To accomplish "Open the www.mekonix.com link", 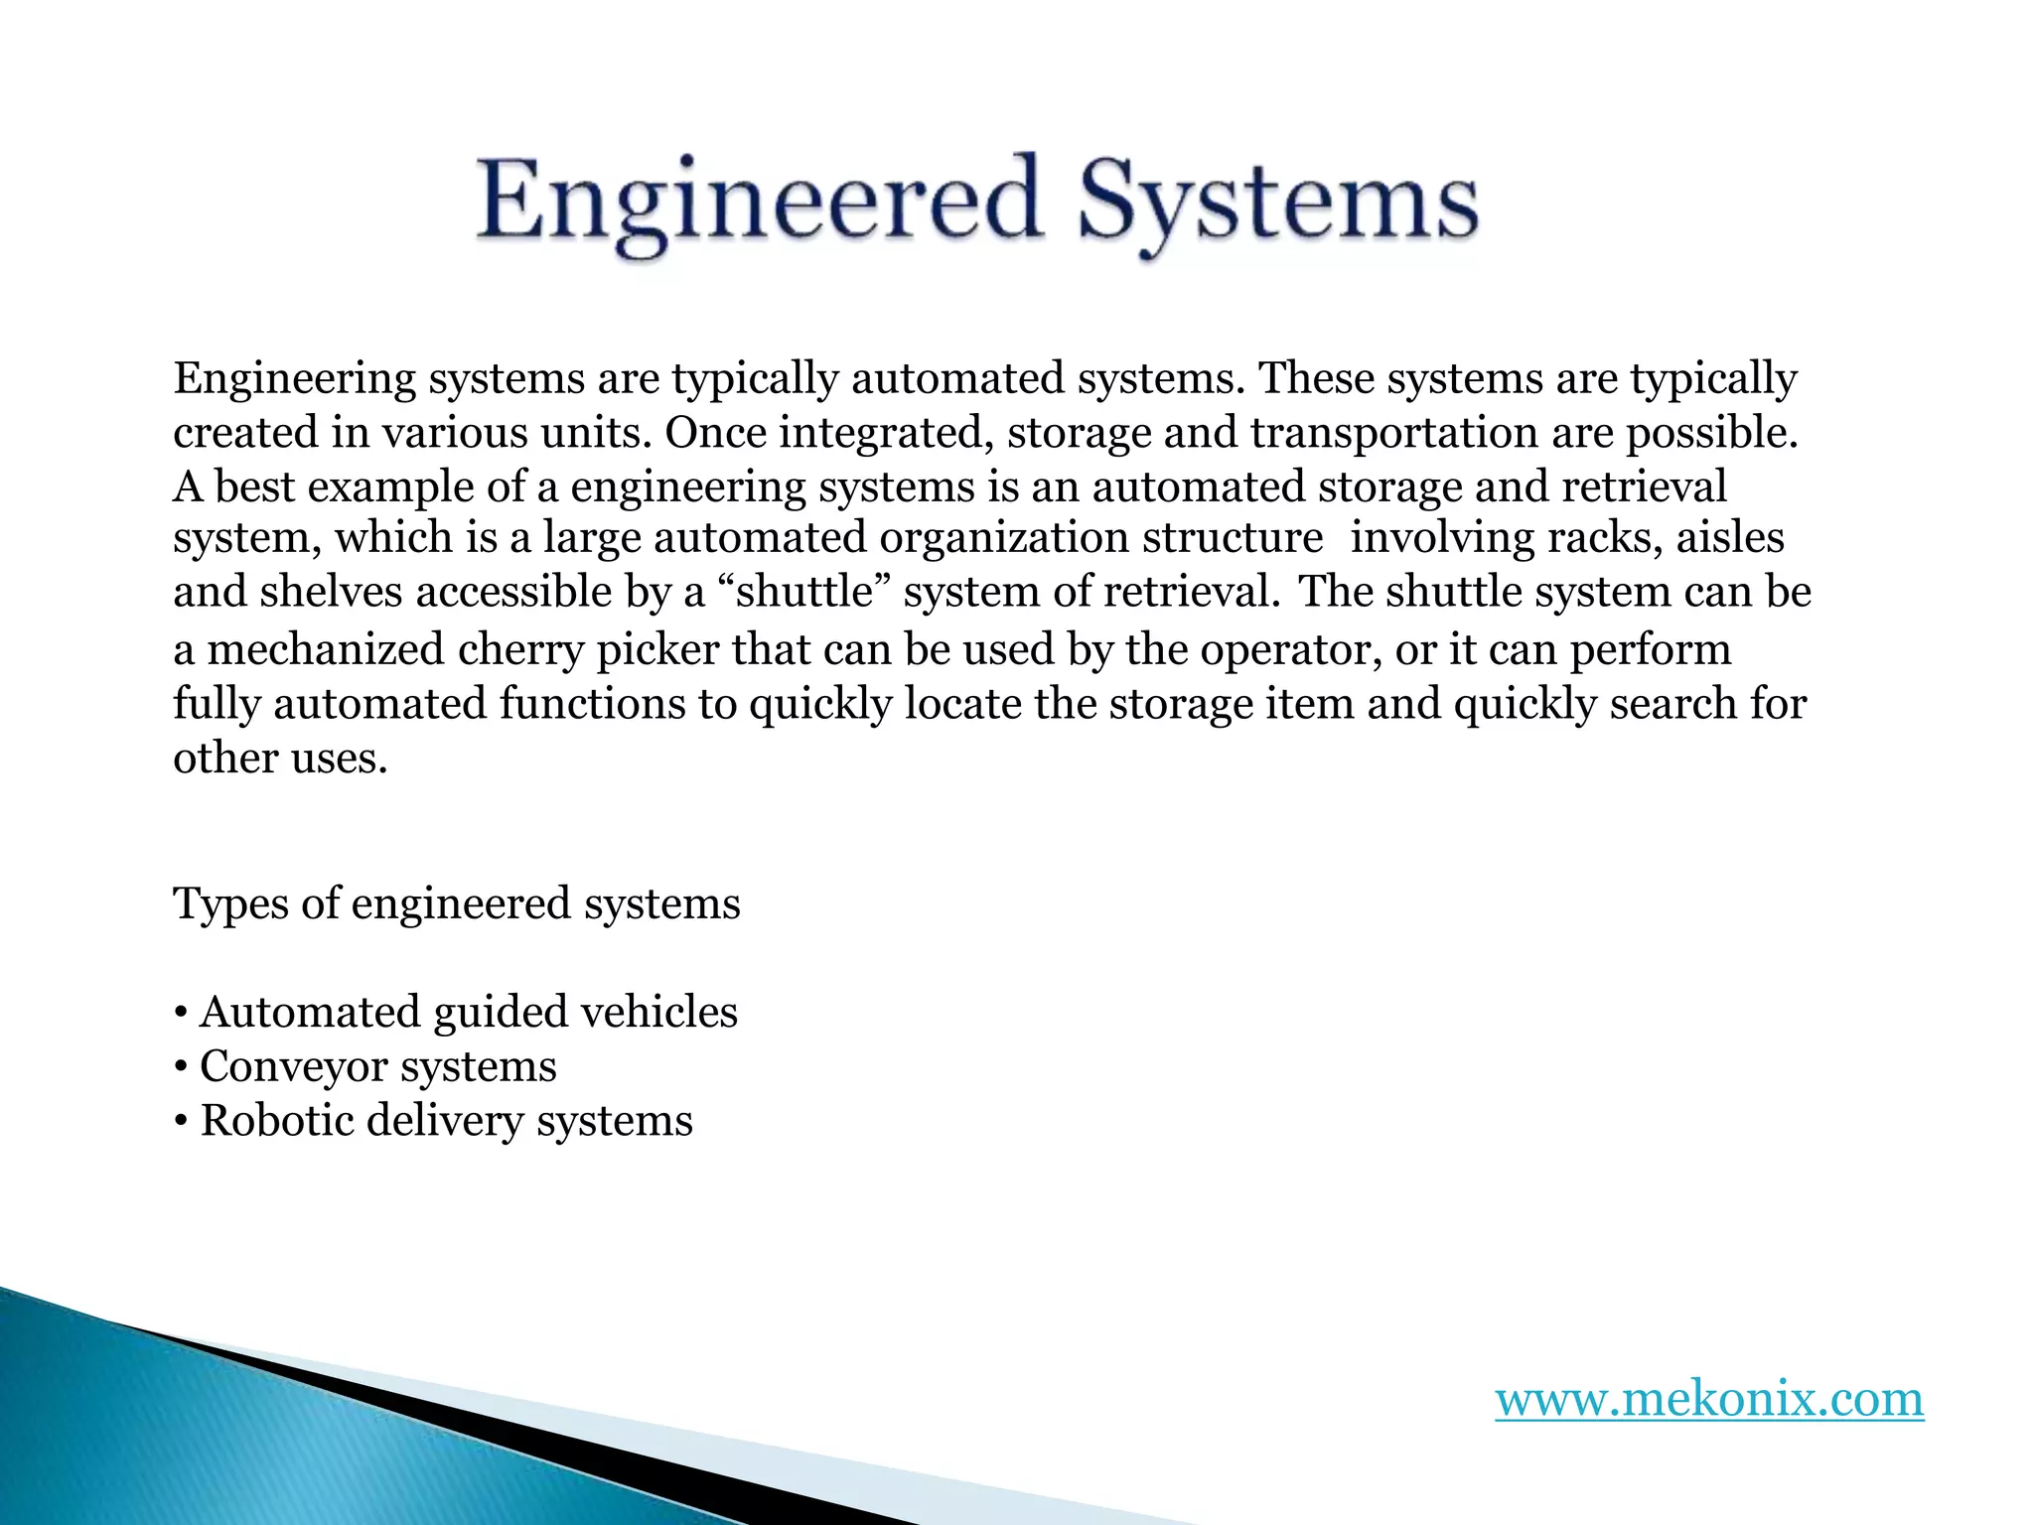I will point(1709,1399).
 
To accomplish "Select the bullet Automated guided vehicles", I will point(456,1013).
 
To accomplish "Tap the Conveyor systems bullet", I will point(365,1067).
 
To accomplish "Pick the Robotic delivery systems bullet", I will point(434,1122).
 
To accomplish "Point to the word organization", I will point(1003,538).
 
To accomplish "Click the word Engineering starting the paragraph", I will point(294,379).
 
